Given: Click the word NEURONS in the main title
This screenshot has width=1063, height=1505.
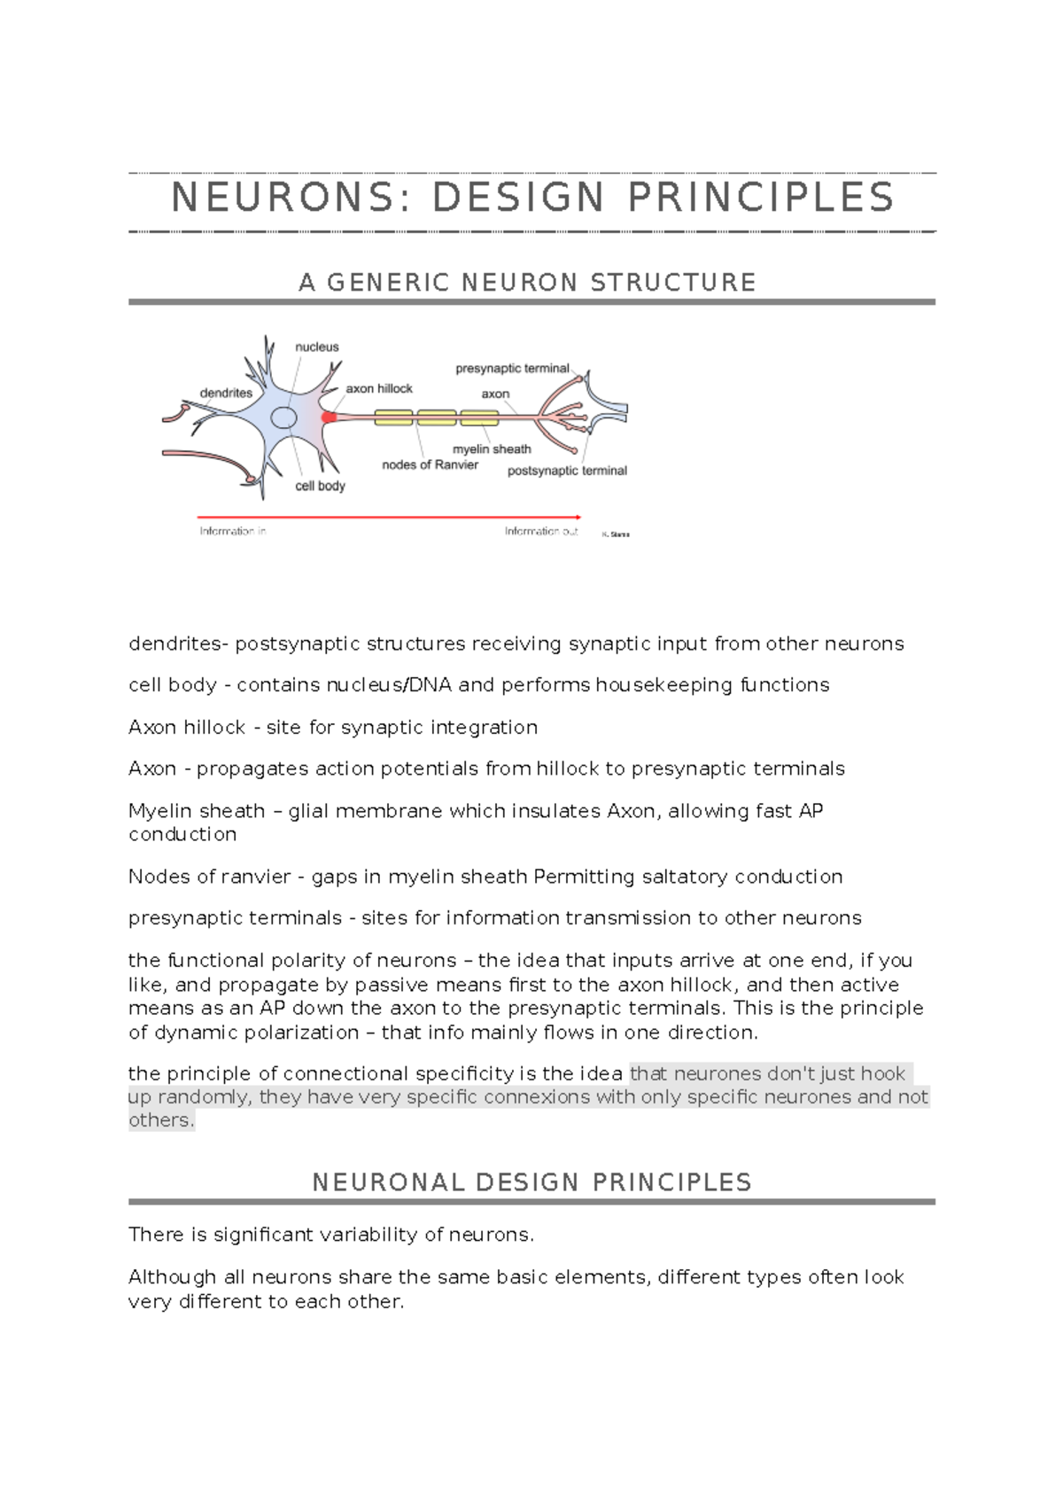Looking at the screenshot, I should coord(282,198).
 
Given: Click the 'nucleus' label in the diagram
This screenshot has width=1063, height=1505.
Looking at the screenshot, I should coord(316,347).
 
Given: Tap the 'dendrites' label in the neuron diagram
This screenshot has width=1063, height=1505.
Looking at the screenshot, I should coord(226,393).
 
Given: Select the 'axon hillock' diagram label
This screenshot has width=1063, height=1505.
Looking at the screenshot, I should coord(379,388).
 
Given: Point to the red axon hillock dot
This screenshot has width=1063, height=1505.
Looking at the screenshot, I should coord(329,417).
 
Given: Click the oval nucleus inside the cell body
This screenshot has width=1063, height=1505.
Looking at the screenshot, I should coord(283,417).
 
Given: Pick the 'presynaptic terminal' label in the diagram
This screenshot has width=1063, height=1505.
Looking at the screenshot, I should coord(512,368).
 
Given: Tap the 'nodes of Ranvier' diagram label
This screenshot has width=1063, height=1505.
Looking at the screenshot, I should coord(430,464).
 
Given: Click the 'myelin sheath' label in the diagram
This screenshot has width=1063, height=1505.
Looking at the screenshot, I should coord(492,449).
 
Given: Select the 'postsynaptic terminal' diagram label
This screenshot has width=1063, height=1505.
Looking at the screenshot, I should coord(567,471).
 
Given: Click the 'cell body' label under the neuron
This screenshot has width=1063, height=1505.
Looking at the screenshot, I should coord(320,486).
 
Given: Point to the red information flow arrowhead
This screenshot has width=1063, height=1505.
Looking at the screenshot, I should coord(578,516).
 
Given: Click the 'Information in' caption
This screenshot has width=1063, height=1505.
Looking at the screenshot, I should coord(233,531).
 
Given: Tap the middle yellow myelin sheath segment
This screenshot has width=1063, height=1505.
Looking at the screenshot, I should coord(437,417).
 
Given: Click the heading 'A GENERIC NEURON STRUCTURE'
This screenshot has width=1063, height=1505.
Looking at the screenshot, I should coord(528,283).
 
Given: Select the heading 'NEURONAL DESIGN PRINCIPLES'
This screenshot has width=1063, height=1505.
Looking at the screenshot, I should coord(531,1182).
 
